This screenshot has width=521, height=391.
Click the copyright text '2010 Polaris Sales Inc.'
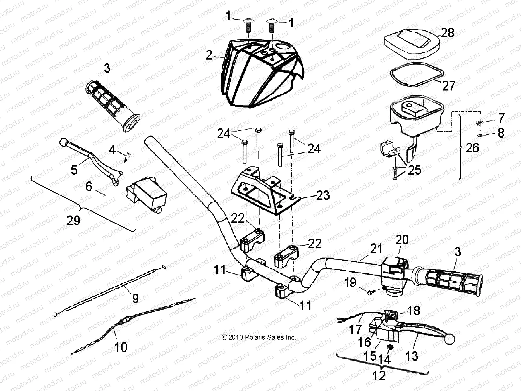[259, 337]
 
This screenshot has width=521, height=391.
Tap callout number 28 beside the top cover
[448, 33]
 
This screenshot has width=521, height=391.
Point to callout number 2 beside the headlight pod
[218, 55]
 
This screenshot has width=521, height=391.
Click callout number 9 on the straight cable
[135, 298]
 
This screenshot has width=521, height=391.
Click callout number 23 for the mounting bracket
[322, 195]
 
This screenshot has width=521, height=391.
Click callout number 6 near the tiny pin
[89, 187]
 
